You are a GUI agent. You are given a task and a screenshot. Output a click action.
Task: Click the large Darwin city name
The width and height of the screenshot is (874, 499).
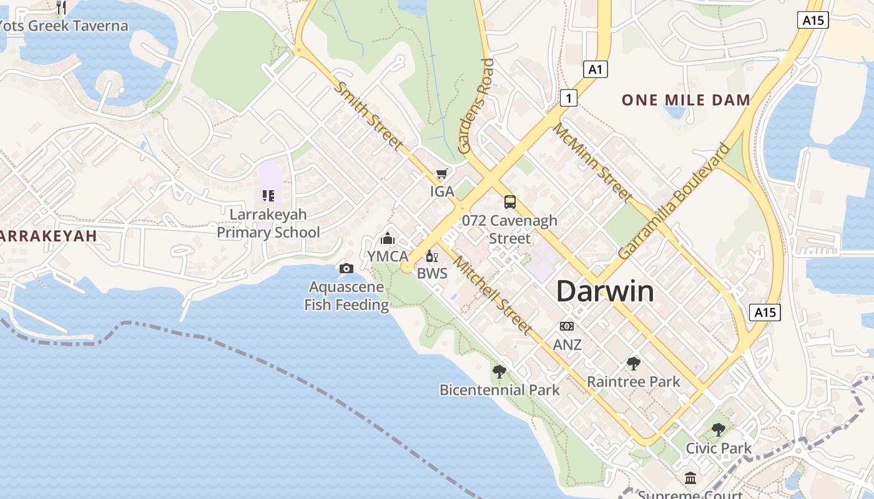(x=604, y=291)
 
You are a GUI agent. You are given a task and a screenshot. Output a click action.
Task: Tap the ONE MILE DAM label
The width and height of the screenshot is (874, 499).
(x=685, y=100)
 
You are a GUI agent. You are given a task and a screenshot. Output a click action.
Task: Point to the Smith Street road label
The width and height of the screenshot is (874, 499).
(x=368, y=116)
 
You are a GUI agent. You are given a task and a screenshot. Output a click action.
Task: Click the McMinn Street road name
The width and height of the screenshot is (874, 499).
(x=593, y=162)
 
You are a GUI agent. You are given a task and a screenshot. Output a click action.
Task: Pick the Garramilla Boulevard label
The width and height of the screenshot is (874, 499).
(x=674, y=201)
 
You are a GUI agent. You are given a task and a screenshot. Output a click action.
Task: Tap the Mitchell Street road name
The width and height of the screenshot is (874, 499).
(x=493, y=295)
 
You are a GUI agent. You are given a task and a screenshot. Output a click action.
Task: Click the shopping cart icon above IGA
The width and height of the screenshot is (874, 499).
(x=442, y=174)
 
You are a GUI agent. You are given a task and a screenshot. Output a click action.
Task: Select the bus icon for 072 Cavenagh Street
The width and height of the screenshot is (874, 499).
(x=510, y=201)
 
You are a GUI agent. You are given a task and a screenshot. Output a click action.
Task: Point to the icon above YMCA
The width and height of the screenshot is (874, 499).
(x=388, y=239)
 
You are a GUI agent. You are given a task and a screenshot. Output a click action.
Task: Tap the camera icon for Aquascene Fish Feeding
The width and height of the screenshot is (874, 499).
(x=346, y=268)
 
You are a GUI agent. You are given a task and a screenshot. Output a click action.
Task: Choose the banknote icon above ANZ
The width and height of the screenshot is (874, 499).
(x=567, y=326)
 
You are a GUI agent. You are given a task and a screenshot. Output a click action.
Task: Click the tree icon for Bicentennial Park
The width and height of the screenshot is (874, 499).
(x=499, y=372)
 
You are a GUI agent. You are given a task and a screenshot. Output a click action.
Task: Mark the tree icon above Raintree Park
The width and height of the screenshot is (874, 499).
(x=634, y=363)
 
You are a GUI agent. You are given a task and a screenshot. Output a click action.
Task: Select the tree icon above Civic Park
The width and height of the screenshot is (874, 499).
(x=719, y=430)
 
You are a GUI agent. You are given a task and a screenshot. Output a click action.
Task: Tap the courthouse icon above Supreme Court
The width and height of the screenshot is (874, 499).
(x=690, y=478)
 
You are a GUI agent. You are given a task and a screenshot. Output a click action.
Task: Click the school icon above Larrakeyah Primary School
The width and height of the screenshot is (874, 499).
(x=268, y=196)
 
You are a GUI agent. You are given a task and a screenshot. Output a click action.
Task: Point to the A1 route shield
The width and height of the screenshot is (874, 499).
(x=595, y=69)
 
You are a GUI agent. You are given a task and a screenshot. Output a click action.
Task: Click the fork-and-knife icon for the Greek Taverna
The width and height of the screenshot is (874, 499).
(x=61, y=7)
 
